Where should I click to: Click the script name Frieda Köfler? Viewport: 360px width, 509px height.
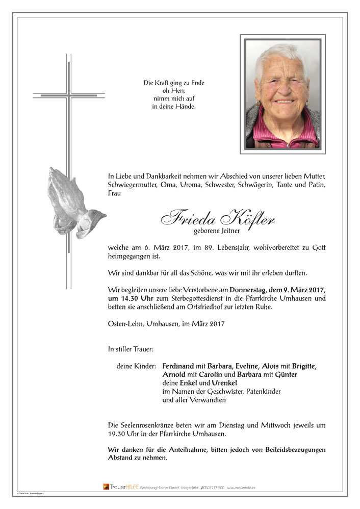click(218, 219)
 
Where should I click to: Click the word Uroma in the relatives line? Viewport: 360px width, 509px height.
click(189, 184)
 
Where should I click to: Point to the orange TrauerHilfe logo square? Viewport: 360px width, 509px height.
click(106, 487)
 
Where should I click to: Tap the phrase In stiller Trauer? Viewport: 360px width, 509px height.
click(131, 349)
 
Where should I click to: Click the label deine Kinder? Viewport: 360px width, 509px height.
click(135, 366)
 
